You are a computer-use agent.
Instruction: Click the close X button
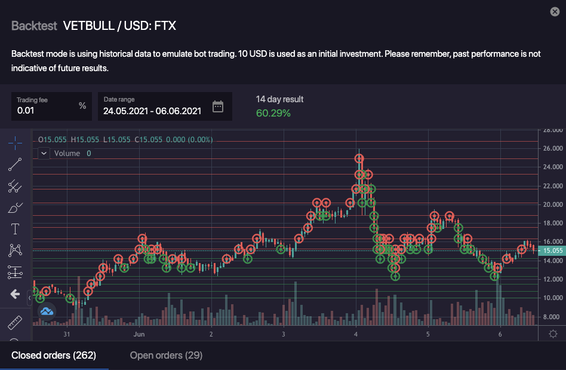(x=555, y=11)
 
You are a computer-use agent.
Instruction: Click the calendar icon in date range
(x=218, y=107)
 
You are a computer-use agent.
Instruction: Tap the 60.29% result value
(x=273, y=112)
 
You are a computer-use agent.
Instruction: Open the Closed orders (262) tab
(x=54, y=356)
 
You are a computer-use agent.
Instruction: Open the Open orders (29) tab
(x=166, y=356)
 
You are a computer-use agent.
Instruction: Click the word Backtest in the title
(x=34, y=26)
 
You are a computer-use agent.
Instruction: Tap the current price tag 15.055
(x=550, y=250)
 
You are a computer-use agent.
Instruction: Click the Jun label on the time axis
(x=139, y=334)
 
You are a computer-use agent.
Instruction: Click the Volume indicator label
(x=67, y=154)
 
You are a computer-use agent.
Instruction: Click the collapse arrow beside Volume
(x=44, y=154)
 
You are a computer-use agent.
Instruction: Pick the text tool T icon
(x=15, y=229)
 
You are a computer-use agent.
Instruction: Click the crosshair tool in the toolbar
(x=15, y=142)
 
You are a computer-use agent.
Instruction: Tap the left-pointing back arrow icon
(x=15, y=294)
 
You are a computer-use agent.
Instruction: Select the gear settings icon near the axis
(x=553, y=334)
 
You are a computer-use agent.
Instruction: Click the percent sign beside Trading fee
(x=82, y=106)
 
